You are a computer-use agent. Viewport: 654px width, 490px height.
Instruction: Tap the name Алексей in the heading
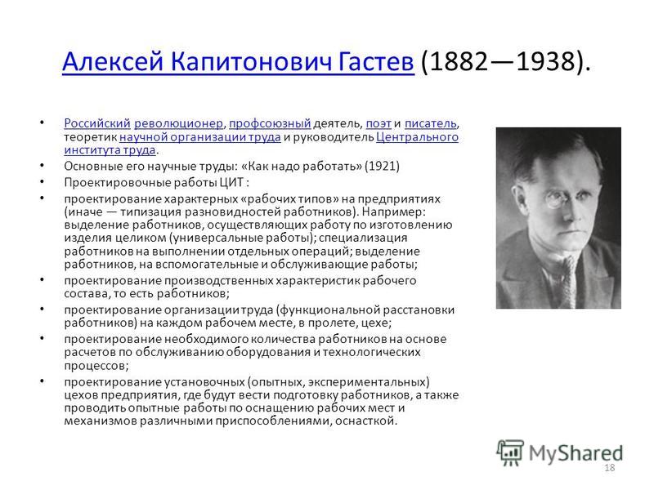pos(113,61)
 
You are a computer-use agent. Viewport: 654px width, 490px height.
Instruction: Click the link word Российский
pos(97,123)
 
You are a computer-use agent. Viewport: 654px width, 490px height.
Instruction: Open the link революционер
pos(178,123)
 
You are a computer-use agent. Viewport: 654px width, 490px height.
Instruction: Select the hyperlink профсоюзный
pos(270,123)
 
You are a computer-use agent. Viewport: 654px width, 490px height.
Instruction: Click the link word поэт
pos(379,123)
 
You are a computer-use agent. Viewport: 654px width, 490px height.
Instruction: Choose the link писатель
pos(431,123)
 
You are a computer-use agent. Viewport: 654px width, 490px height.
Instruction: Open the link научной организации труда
pos(200,137)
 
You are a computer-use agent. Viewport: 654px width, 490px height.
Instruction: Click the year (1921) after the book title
pos(382,167)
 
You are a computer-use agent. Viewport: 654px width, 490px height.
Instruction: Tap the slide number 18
pos(609,468)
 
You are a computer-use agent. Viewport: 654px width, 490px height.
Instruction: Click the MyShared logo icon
pos(510,453)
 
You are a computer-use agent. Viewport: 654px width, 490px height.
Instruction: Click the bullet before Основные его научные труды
pos(42,166)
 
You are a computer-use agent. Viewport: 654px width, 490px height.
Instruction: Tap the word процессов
pos(94,366)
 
